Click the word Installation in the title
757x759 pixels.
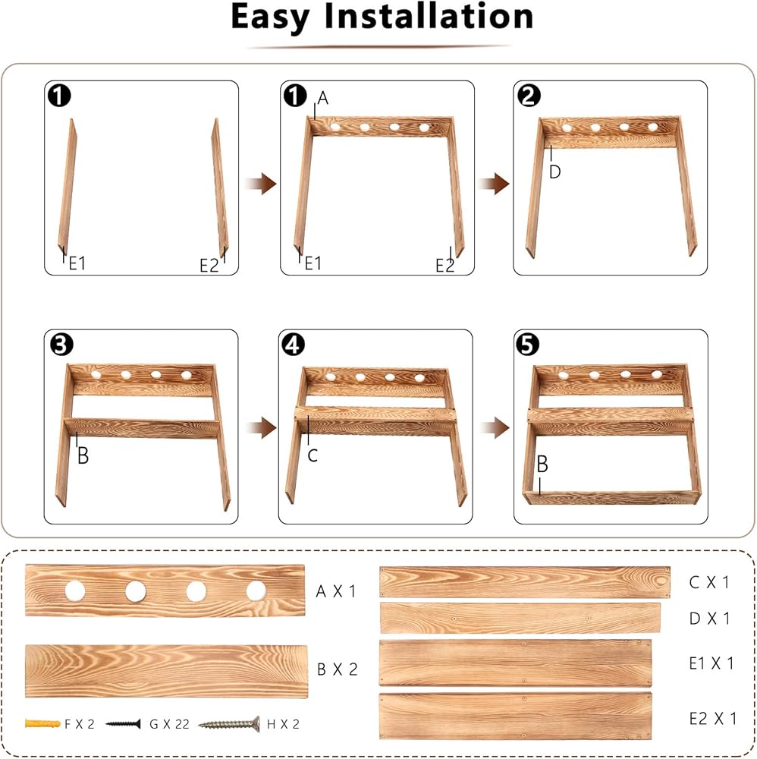[x=429, y=17]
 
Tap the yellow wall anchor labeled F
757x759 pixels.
[x=42, y=724]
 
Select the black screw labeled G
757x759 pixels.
[x=124, y=724]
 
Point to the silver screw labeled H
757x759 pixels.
[x=229, y=724]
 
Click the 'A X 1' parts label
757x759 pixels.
[x=336, y=591]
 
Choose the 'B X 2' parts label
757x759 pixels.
[x=337, y=669]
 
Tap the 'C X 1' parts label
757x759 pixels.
[x=709, y=582]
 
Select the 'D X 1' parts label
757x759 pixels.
[x=710, y=618]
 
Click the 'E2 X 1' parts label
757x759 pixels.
[x=713, y=718]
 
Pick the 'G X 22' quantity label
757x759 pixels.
[x=169, y=724]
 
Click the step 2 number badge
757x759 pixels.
[x=529, y=95]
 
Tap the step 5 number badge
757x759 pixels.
[x=527, y=345]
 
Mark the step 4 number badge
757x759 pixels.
[x=293, y=345]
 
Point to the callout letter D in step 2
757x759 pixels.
[x=554, y=172]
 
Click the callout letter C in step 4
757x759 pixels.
[x=313, y=455]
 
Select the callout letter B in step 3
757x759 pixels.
[x=83, y=455]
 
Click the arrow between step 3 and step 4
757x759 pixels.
[x=261, y=428]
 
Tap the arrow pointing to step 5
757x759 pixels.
[x=495, y=428]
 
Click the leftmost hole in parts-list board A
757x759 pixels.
[x=75, y=591]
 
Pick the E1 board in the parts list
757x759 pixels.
[x=516, y=663]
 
